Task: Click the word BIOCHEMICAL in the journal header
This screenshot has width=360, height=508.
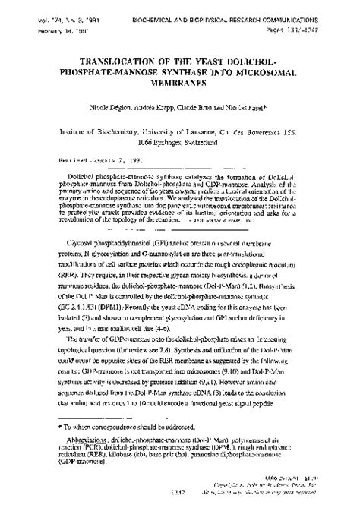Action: pyautogui.click(x=173, y=6)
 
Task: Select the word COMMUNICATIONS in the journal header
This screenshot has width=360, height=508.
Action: pyautogui.click(x=311, y=6)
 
